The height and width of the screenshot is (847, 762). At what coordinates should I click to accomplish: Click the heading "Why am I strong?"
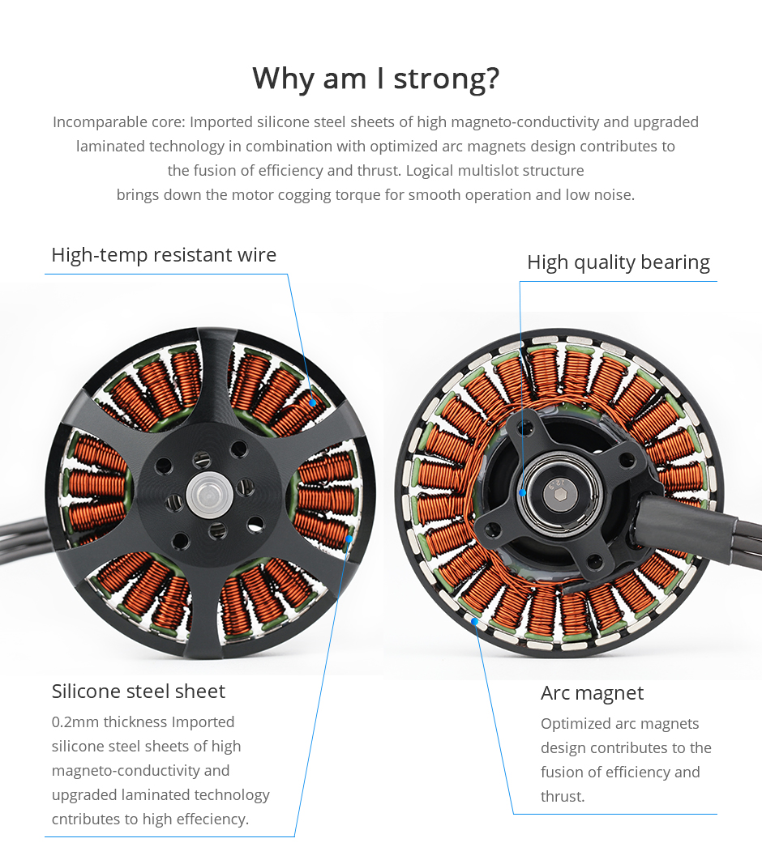tap(375, 79)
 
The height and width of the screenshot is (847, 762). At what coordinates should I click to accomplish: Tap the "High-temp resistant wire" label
tap(164, 255)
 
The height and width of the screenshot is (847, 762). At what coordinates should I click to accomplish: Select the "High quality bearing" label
tap(618, 262)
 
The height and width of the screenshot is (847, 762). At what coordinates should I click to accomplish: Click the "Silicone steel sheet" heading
tap(139, 691)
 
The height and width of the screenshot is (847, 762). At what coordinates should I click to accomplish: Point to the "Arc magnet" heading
tap(592, 693)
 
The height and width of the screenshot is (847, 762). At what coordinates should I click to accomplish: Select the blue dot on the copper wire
tap(312, 402)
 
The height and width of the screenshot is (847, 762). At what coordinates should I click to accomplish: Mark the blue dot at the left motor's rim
tap(349, 537)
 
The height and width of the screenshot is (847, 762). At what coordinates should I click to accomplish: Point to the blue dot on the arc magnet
tap(474, 622)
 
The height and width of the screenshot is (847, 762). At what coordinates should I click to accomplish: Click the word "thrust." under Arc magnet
tap(563, 797)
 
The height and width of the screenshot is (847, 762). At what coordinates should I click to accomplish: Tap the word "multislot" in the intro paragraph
tap(497, 171)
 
